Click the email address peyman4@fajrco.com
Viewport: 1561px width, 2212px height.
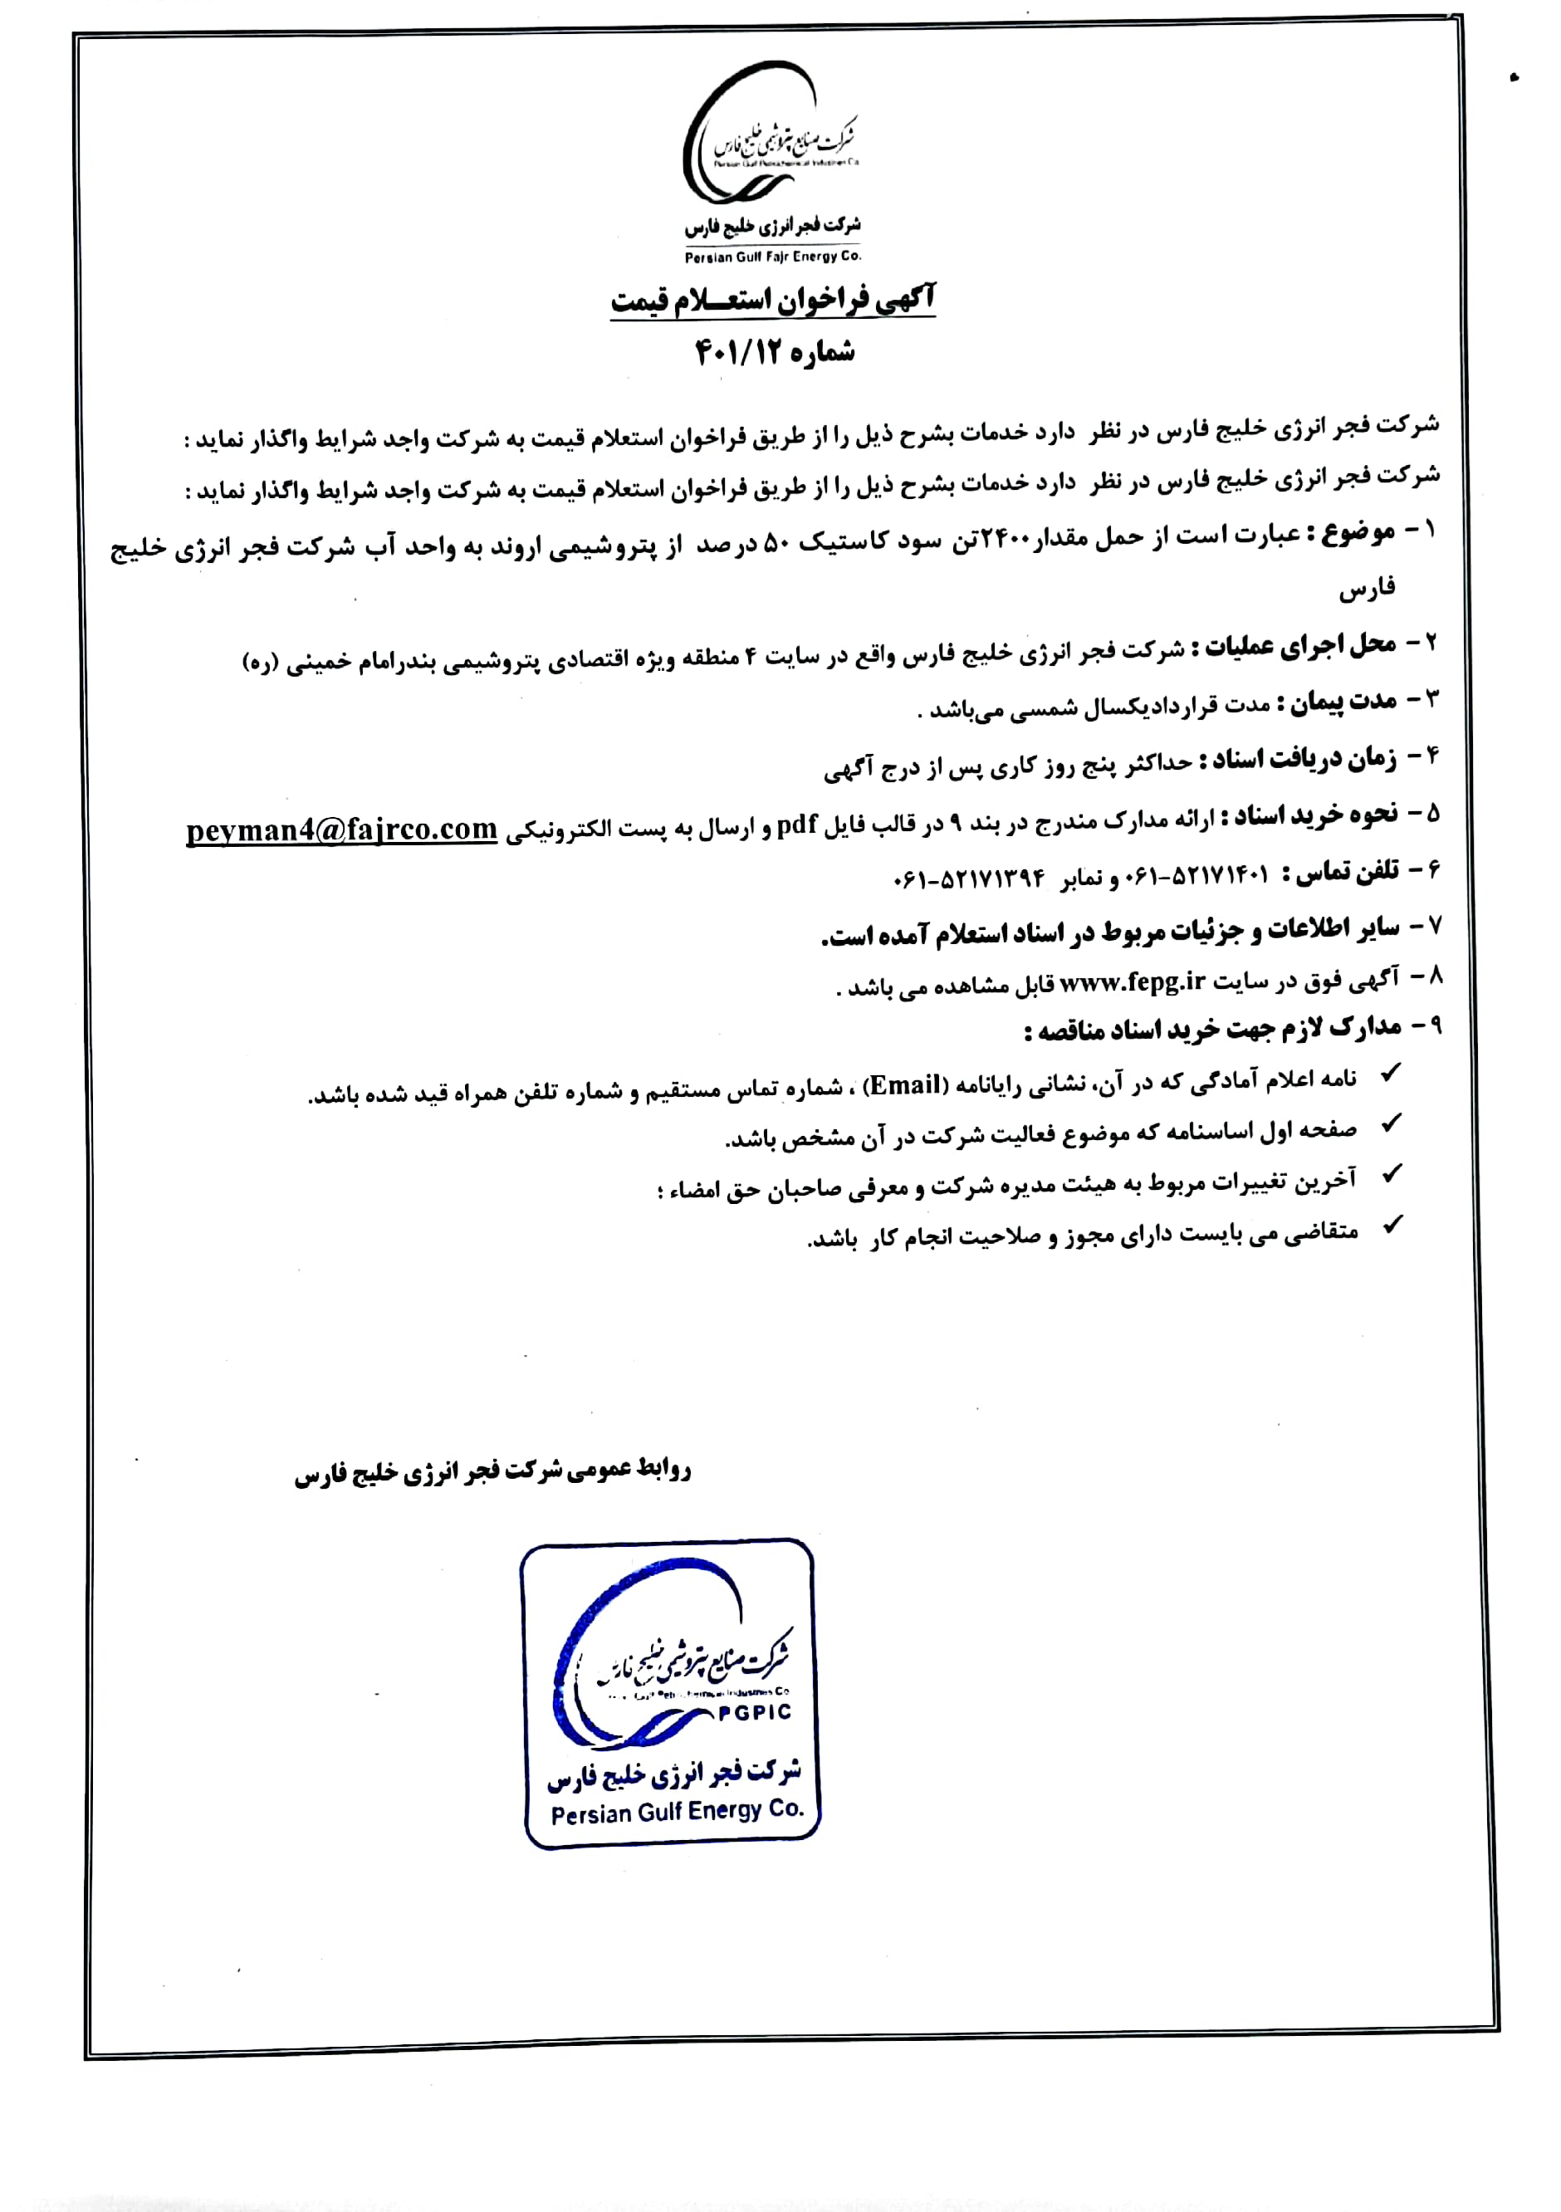pos(341,830)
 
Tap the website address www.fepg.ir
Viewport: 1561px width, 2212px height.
pos(1133,981)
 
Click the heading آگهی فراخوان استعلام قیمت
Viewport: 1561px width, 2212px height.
pos(773,300)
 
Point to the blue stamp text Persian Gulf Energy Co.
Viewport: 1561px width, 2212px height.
pos(677,1812)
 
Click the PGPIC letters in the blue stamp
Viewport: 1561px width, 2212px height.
pos(755,1712)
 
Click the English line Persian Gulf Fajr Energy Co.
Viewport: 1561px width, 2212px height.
pos(773,257)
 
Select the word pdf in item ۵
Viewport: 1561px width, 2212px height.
pos(797,825)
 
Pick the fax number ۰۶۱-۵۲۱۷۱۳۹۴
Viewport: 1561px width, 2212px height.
pos(969,878)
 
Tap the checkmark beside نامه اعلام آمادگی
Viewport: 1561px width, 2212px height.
pos(1391,1074)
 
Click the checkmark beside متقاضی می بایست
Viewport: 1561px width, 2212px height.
pos(1392,1226)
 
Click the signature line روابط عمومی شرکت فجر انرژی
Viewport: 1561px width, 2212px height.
pos(492,1472)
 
